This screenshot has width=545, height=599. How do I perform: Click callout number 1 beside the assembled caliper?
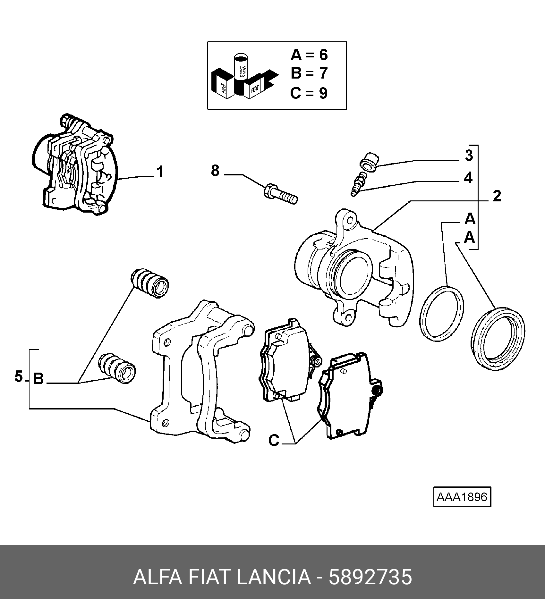pos(160,172)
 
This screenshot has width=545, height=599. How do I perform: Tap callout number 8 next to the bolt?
pos(215,171)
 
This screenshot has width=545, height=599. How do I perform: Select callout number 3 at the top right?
pos(469,156)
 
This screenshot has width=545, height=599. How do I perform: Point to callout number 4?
pos(468,178)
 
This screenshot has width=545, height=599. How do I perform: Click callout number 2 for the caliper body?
pos(497,196)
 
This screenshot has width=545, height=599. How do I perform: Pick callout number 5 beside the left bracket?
pos(19,376)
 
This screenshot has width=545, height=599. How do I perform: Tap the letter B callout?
pos(38,379)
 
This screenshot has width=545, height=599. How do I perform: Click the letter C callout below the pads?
pos(274,440)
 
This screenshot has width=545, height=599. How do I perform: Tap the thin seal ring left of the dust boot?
pos(441,313)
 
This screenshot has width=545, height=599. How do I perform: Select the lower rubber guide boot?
pos(117,368)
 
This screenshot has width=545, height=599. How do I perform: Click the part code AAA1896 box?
pos(462,497)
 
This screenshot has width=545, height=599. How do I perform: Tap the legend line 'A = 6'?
pos(309,55)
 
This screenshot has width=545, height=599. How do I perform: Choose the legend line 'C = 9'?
pos(309,93)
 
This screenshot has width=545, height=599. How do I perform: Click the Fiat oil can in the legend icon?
pos(241,67)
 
